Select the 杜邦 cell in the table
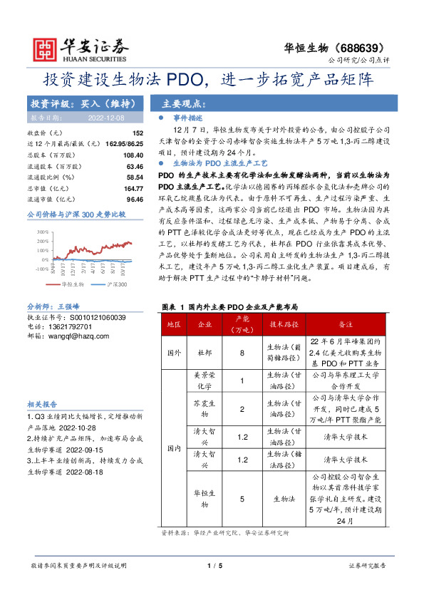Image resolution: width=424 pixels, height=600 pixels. (205, 353)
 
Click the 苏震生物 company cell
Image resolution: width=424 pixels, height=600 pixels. (205, 409)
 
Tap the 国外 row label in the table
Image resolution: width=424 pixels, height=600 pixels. (173, 353)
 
